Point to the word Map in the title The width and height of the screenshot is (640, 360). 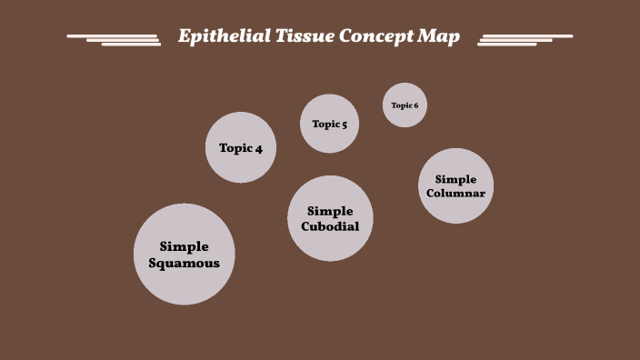tap(438, 37)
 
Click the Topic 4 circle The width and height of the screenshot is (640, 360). tap(241, 148)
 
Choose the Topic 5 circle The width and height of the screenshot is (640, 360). tap(329, 124)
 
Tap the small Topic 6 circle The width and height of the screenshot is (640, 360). tap(405, 105)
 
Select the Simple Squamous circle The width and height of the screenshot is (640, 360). tap(185, 255)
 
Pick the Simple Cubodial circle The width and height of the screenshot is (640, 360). tap(330, 218)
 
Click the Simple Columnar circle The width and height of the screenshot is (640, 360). tap(455, 185)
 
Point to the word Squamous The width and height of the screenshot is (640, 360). tap(185, 264)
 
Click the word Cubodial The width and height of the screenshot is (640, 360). tap(330, 226)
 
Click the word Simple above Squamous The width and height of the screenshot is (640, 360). tap(185, 246)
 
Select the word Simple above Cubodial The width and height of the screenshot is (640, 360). tap(330, 211)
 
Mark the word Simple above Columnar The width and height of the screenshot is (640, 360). tap(455, 179)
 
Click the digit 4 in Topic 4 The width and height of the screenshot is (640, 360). tap(259, 148)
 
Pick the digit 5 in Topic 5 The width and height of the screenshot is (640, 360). tap(344, 125)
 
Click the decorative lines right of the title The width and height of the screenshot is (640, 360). tap(524, 39)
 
